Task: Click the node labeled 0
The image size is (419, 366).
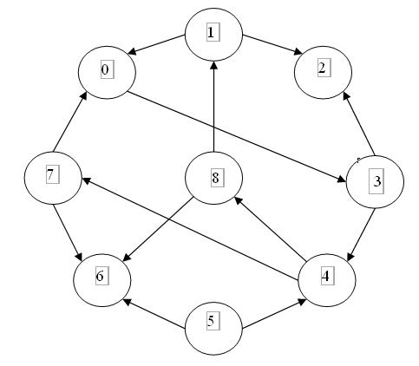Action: click(x=107, y=69)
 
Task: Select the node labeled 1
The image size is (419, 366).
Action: click(x=213, y=34)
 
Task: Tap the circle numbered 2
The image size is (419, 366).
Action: click(x=323, y=69)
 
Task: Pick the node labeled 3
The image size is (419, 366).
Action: click(x=375, y=181)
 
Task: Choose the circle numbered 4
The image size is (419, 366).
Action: click(x=326, y=278)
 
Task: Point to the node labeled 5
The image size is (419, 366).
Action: click(x=213, y=322)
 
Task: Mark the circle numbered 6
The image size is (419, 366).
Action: click(x=102, y=277)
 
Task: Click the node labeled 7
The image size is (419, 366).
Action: click(x=52, y=175)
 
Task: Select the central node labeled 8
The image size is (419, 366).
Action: click(x=214, y=179)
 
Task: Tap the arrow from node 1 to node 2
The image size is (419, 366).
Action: click(x=268, y=49)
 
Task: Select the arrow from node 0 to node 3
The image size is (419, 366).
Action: click(x=239, y=134)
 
